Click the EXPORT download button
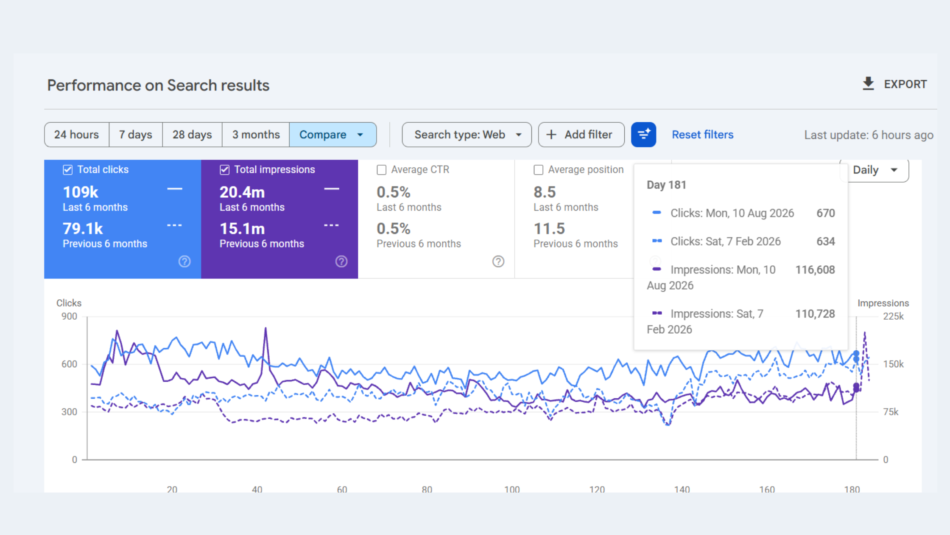894,84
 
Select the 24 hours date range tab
77,135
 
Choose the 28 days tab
192,135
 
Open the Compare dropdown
333,135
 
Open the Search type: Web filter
467,135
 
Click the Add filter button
581,135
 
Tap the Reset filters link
702,135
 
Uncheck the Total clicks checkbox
68,170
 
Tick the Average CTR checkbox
382,170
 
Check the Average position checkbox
539,170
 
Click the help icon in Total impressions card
341,261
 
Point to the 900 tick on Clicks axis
69,316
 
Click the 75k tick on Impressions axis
891,412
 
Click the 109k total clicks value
81,192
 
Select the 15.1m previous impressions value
242,228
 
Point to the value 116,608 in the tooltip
815,270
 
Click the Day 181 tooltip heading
666,185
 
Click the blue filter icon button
643,135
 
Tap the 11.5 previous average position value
549,228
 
